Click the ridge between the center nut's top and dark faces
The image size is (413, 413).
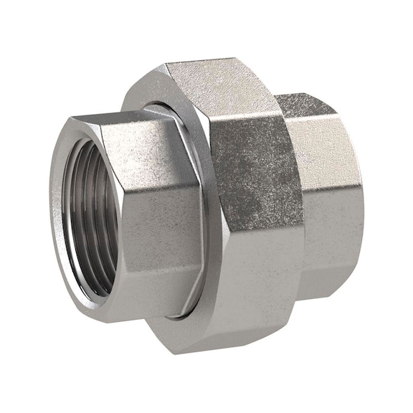coord(244,115)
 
